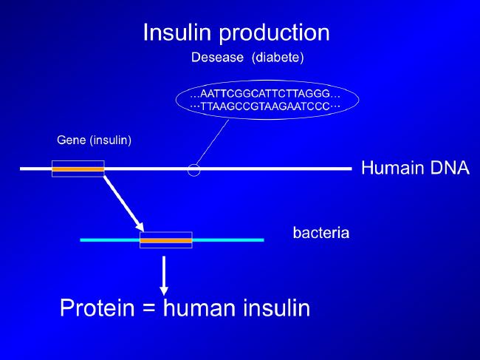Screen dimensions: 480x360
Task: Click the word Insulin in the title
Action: point(177,33)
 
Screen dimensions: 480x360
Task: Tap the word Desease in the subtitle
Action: point(217,58)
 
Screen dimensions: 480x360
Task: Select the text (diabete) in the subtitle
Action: point(278,58)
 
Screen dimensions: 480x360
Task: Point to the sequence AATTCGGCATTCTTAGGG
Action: point(265,93)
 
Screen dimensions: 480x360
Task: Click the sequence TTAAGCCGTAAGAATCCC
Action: point(265,106)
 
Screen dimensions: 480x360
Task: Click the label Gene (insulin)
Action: point(94,140)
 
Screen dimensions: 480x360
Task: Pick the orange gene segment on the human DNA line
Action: point(78,169)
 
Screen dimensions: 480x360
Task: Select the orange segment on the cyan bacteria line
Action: point(166,240)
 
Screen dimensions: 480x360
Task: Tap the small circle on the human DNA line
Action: point(193,164)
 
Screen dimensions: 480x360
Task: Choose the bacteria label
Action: point(320,233)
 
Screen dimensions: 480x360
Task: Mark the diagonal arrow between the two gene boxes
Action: point(123,204)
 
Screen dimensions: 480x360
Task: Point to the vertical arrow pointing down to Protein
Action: point(164,276)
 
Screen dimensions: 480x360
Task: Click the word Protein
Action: point(97,308)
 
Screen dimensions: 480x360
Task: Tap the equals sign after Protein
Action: point(148,308)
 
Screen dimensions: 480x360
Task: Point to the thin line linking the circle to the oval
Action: point(212,142)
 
